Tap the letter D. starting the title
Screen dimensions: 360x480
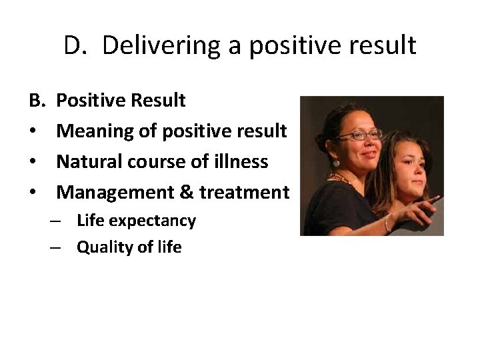click(x=78, y=45)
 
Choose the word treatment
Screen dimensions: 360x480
click(x=247, y=193)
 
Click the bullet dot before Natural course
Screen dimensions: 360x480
click(x=33, y=162)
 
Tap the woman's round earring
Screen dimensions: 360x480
click(x=336, y=163)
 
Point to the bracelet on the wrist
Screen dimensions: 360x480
click(x=387, y=222)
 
